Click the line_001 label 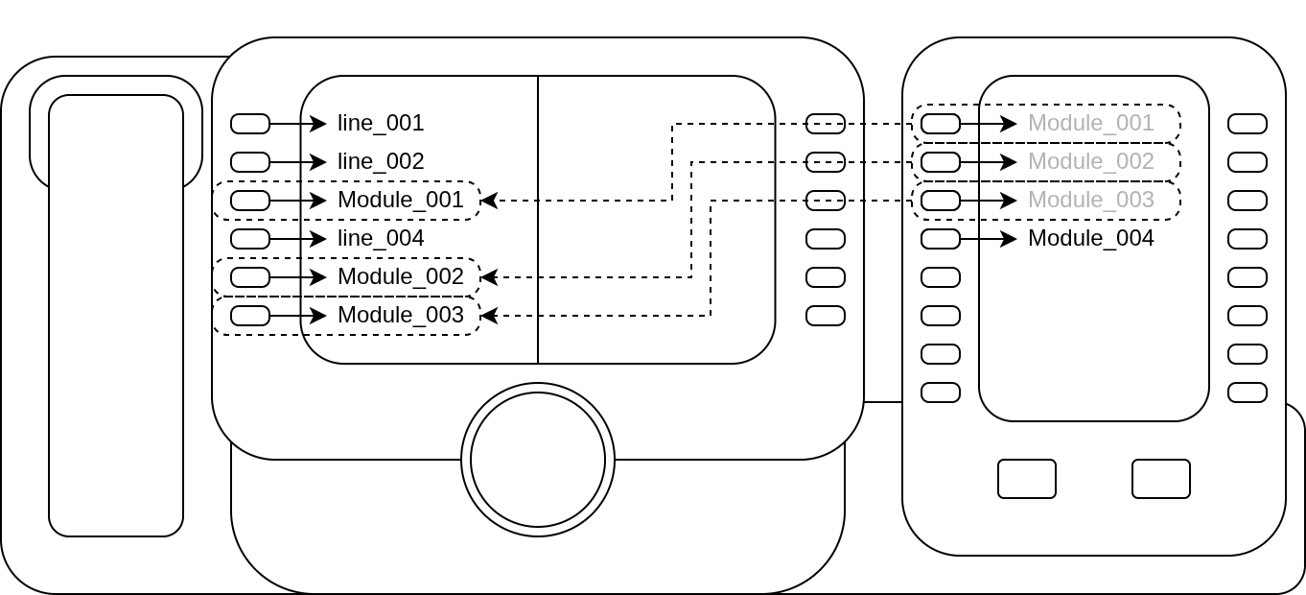click(380, 124)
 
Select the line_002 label click(380, 162)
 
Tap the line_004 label click(380, 239)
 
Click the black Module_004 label click(1090, 239)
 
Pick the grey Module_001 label click(1090, 124)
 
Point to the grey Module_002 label click(1090, 162)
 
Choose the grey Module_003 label click(1090, 201)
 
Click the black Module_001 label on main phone click(400, 201)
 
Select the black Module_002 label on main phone click(400, 277)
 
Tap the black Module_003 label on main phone click(400, 316)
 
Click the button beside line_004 click(250, 239)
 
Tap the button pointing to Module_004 click(941, 239)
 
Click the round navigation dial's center click(538, 460)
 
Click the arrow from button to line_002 click(298, 162)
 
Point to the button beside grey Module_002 click(941, 162)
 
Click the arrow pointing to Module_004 click(989, 239)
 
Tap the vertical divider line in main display click(538, 220)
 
